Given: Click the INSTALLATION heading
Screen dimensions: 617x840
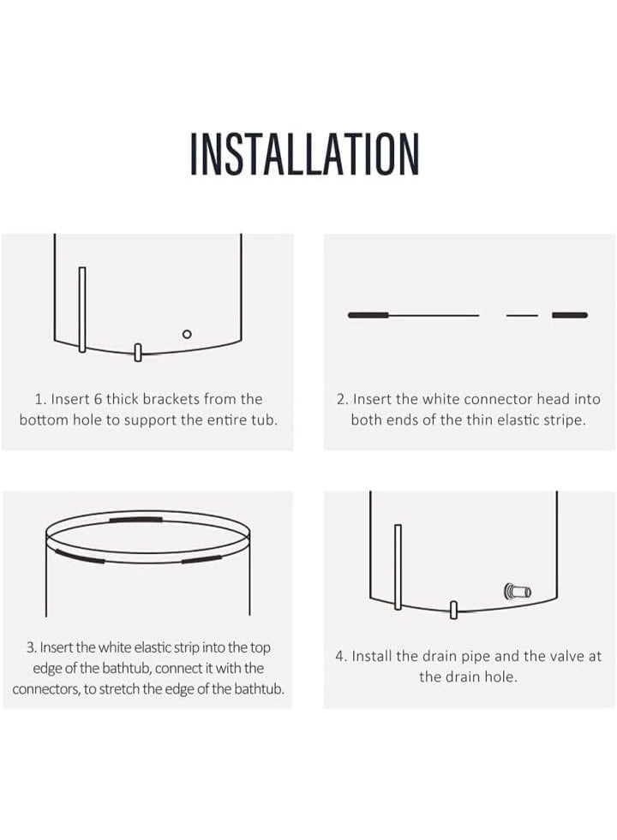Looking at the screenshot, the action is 304,154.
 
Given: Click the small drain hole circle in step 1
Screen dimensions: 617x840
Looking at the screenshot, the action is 187,334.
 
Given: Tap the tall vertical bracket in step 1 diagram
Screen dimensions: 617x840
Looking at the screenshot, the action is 82,309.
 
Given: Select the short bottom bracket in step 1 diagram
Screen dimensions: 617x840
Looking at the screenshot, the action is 138,353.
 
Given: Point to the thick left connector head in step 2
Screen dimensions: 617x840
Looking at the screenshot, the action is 368,315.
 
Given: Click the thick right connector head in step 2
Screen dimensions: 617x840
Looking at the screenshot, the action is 570,315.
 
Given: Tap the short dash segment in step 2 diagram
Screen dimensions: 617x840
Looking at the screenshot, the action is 522,316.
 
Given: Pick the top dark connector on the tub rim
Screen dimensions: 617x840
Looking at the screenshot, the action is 135,519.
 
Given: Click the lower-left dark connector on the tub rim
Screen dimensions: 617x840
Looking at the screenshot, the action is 80,556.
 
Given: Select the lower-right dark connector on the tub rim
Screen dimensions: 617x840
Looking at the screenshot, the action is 201,560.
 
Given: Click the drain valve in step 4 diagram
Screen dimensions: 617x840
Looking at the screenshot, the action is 518,592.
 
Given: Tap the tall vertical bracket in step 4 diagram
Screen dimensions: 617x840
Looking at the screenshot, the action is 398,567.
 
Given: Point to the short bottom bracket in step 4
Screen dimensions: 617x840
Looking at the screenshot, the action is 453,610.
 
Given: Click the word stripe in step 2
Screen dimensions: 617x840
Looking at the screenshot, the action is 562,420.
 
